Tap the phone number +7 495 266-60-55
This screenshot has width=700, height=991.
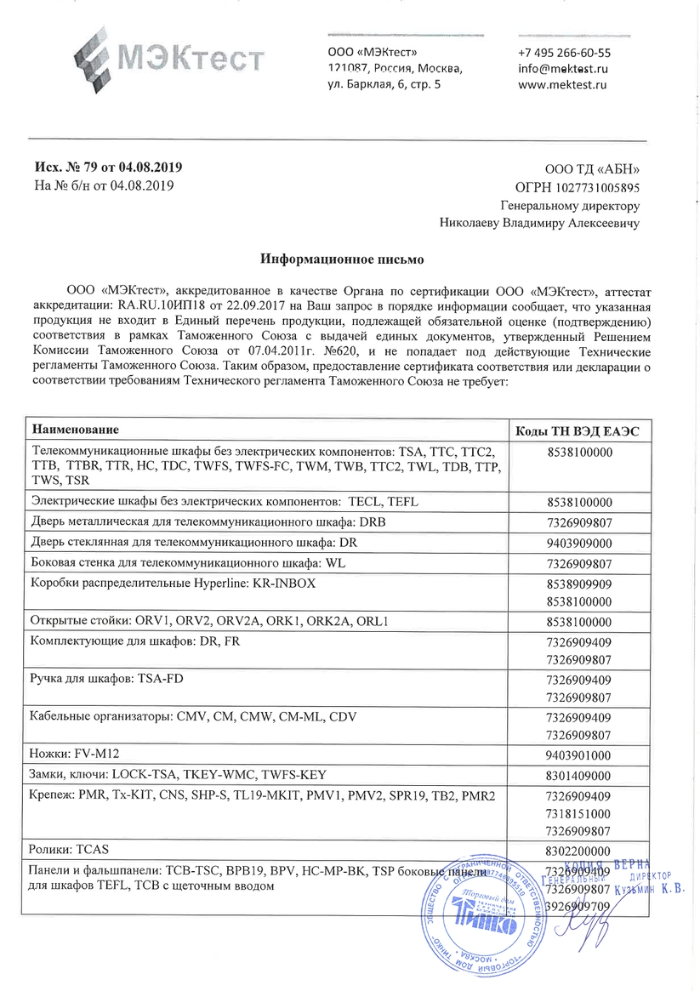tap(564, 52)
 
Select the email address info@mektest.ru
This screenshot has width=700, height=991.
tap(562, 68)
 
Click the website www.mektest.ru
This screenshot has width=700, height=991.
tap(561, 84)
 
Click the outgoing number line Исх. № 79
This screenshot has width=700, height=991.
tap(108, 168)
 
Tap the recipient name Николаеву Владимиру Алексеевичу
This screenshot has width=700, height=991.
tap(540, 223)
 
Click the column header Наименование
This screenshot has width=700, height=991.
tap(75, 428)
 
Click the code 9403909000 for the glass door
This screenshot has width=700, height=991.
tap(578, 542)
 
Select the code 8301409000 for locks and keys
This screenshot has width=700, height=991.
tap(578, 776)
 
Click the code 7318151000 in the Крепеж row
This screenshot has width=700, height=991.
tap(578, 813)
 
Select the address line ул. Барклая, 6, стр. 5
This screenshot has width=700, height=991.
tap(384, 84)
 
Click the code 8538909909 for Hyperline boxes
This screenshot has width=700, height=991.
tap(578, 584)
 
